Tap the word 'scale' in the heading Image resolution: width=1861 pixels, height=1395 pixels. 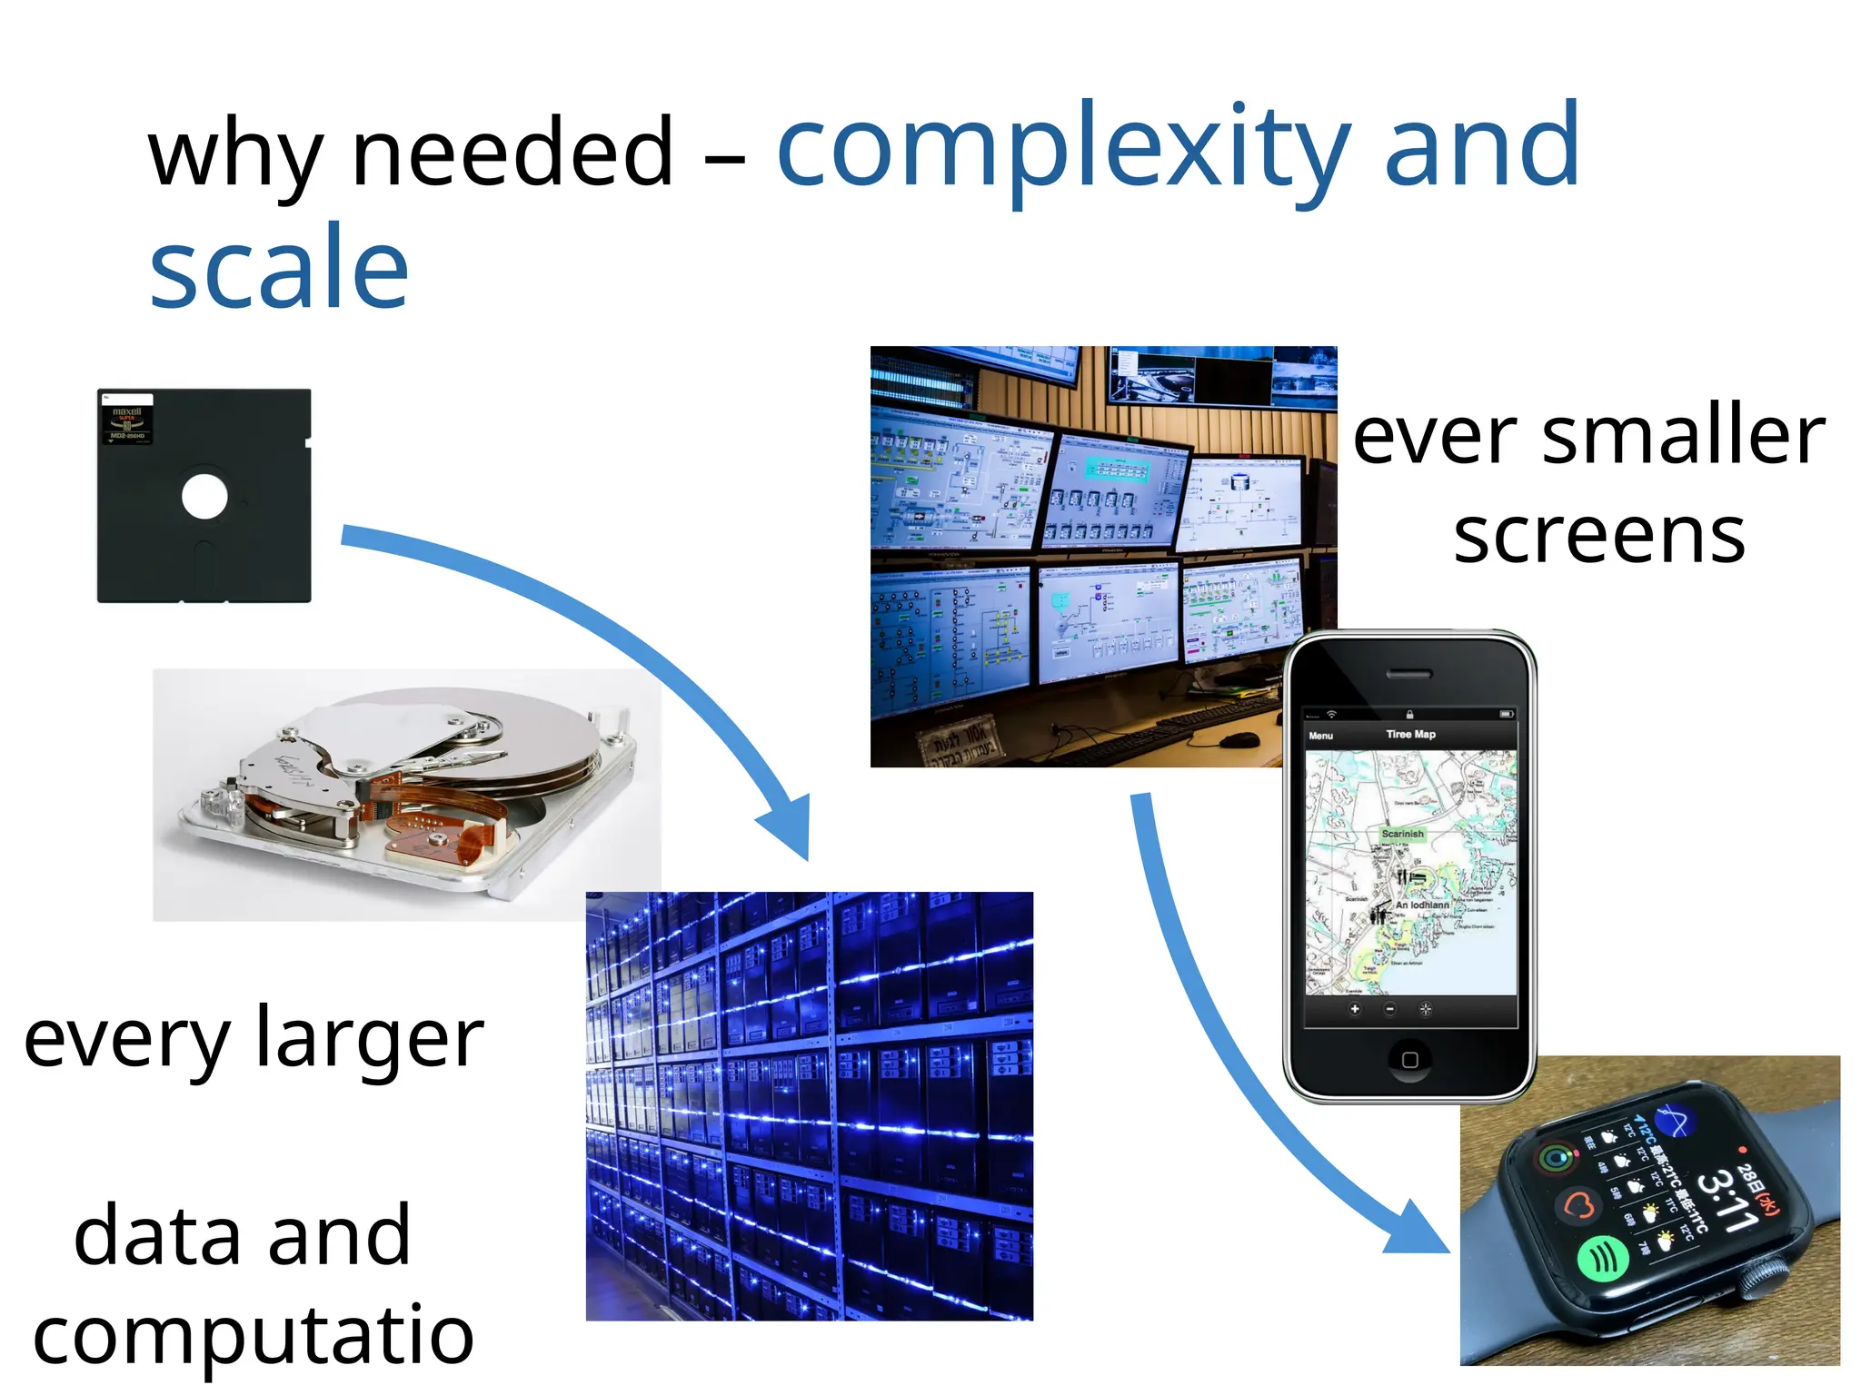click(279, 267)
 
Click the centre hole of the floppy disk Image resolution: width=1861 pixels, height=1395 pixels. click(204, 497)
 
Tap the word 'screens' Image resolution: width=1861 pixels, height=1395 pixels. click(1599, 536)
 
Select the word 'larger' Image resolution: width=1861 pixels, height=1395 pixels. click(369, 1040)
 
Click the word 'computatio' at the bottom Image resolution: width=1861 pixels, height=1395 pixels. click(254, 1335)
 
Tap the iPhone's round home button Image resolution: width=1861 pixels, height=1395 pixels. click(1409, 1059)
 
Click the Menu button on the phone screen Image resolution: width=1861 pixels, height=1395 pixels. click(1321, 736)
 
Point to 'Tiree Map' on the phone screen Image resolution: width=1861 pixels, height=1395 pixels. click(1410, 734)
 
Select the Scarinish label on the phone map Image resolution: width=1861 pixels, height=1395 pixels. click(1402, 834)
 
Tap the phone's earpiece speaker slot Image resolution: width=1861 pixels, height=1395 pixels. click(1409, 675)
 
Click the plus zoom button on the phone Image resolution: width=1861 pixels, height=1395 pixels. click(1354, 1009)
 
